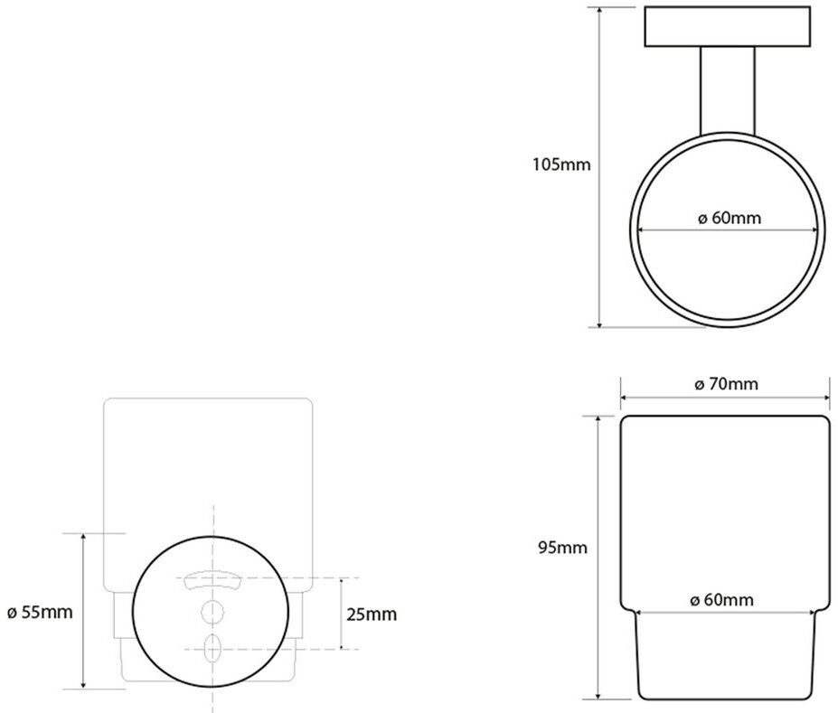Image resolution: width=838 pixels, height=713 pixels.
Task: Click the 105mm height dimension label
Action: [x=561, y=164]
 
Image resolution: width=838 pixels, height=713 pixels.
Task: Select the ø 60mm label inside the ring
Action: [x=729, y=218]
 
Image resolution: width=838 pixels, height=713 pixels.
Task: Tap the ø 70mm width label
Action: [x=726, y=383]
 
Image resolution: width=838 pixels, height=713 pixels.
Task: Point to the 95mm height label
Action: [x=562, y=548]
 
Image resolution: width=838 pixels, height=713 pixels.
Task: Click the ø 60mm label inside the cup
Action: [x=721, y=600]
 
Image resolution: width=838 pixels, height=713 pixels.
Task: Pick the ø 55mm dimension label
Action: [x=40, y=612]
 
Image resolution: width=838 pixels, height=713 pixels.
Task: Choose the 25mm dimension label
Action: [x=372, y=614]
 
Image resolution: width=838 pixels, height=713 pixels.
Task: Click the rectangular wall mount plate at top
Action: [x=728, y=27]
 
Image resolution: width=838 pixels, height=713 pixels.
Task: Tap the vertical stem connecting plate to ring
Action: [x=728, y=89]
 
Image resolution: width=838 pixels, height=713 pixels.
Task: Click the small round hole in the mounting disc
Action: [x=212, y=612]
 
